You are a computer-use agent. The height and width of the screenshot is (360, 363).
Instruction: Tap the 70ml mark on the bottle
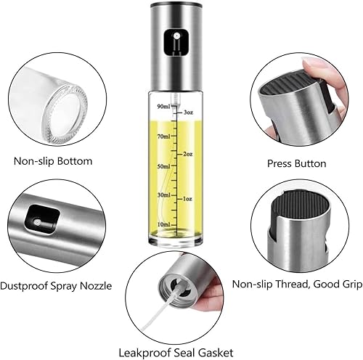tap(165, 136)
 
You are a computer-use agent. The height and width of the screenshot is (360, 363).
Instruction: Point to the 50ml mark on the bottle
tap(165, 166)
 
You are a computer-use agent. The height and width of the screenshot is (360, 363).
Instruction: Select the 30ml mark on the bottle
tap(165, 195)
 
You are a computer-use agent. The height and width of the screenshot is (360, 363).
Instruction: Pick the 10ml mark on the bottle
tap(165, 224)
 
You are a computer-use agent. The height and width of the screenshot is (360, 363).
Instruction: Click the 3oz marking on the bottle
tap(188, 112)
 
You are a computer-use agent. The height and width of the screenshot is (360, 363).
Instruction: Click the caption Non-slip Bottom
tap(54, 160)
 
